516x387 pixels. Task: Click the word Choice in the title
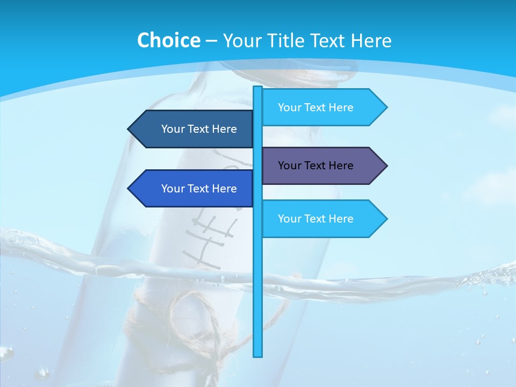point(168,40)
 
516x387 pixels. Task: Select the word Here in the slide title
point(371,40)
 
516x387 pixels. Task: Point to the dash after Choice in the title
point(211,41)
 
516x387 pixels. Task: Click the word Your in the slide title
point(242,40)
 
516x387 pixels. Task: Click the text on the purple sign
point(316,166)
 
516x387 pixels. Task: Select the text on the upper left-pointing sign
point(199,129)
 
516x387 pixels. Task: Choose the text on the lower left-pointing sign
point(199,189)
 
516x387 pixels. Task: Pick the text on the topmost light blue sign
point(316,107)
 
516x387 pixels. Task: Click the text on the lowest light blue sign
point(316,219)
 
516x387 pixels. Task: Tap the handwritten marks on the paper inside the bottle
point(210,236)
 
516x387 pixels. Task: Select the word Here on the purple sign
point(340,166)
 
